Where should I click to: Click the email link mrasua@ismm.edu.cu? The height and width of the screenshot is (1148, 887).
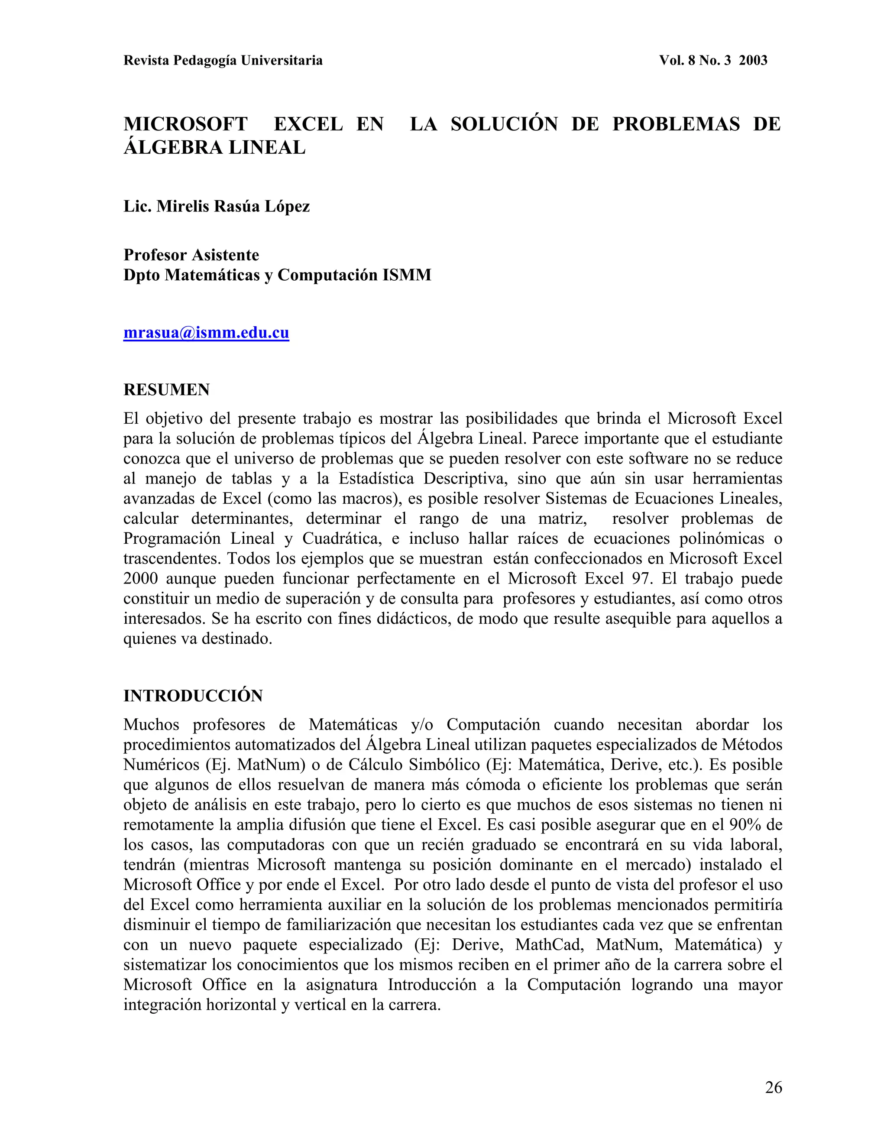pos(206,333)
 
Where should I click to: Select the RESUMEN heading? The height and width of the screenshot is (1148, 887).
pos(167,389)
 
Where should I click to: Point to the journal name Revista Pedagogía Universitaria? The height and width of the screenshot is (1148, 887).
pos(223,61)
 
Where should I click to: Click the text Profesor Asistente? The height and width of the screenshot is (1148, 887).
pos(191,255)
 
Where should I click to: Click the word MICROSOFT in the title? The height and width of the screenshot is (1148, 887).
pos(185,124)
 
